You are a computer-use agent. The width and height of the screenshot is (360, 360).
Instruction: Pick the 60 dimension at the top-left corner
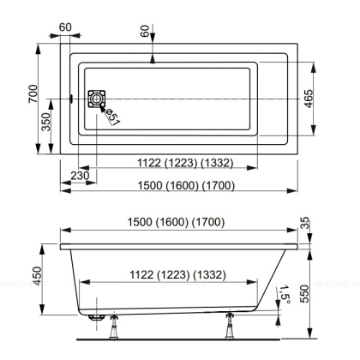coord(66,27)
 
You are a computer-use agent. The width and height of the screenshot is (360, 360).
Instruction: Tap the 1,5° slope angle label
coord(283,296)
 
